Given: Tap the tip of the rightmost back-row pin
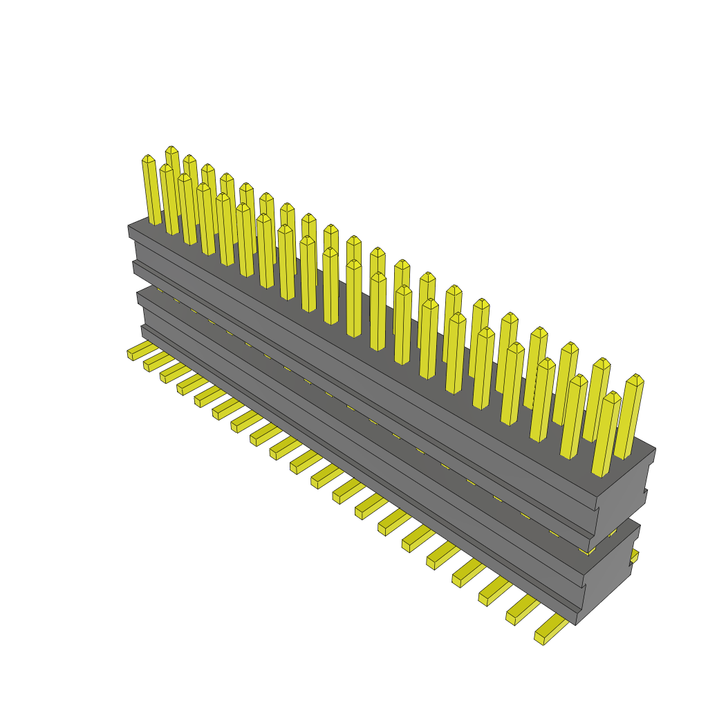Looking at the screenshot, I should pyautogui.click(x=635, y=379).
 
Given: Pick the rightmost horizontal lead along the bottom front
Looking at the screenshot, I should pyautogui.click(x=550, y=632).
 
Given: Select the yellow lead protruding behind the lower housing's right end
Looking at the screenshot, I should pyautogui.click(x=635, y=556).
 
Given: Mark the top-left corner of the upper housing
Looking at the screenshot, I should pyautogui.click(x=129, y=227).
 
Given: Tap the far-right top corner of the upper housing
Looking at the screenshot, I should pyautogui.click(x=655, y=449).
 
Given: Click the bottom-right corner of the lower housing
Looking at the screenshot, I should pyautogui.click(x=576, y=624).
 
